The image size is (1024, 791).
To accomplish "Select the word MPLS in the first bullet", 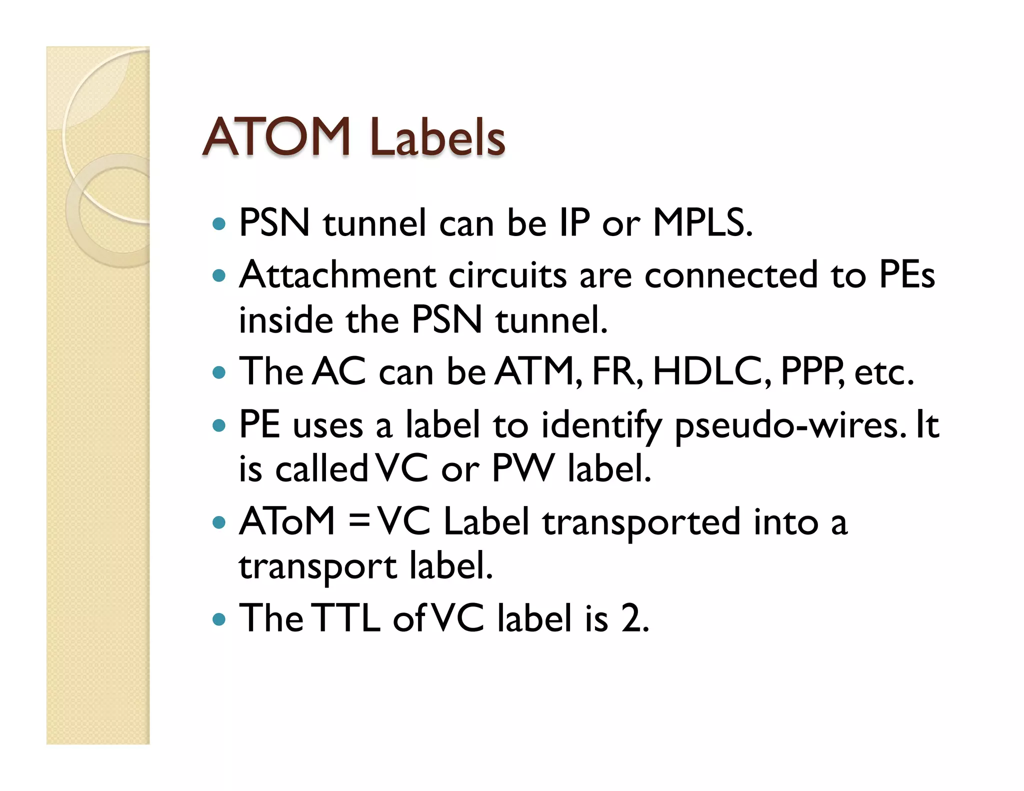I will tap(702, 222).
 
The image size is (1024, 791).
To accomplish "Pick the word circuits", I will tap(507, 275).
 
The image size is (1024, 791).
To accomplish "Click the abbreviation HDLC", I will tap(712, 372).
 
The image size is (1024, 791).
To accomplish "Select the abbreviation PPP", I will tap(812, 372).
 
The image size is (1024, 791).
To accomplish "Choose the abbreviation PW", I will tap(523, 469).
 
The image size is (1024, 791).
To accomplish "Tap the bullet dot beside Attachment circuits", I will tap(219, 275).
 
